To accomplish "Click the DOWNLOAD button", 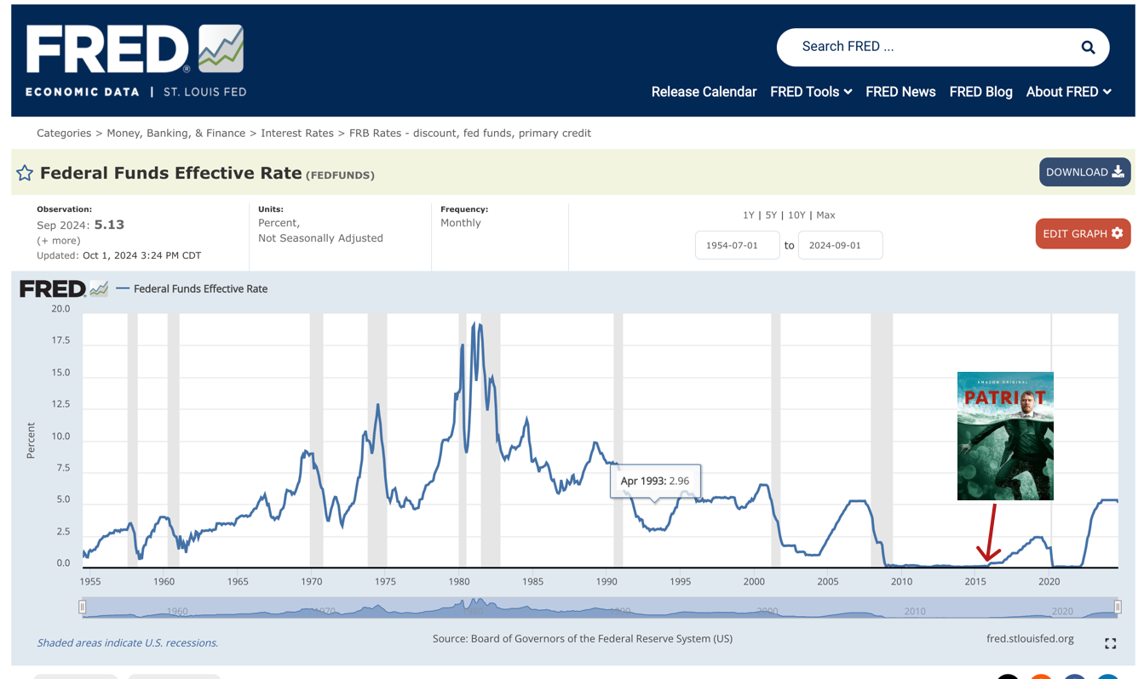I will tap(1084, 172).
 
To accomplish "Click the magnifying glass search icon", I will tap(1088, 48).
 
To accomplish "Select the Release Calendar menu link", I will tap(704, 92).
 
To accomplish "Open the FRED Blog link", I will tap(980, 92).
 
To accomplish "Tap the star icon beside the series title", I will tap(25, 174).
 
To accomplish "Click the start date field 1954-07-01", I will tap(737, 245).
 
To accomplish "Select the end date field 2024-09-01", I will tap(840, 245).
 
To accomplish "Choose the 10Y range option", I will tap(796, 215).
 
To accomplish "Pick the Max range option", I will tap(825, 215).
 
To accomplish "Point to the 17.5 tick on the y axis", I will tap(60, 340).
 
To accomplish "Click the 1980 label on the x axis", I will tap(459, 582).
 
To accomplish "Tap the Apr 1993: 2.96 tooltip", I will tap(655, 481).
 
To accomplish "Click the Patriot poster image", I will tap(1005, 436).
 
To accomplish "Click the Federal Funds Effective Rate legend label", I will tap(200, 288).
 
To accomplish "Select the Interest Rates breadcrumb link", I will tap(297, 134).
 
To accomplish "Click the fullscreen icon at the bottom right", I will tap(1110, 643).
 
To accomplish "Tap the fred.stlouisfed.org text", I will tap(1030, 639).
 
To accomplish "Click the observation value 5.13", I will tap(109, 225).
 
